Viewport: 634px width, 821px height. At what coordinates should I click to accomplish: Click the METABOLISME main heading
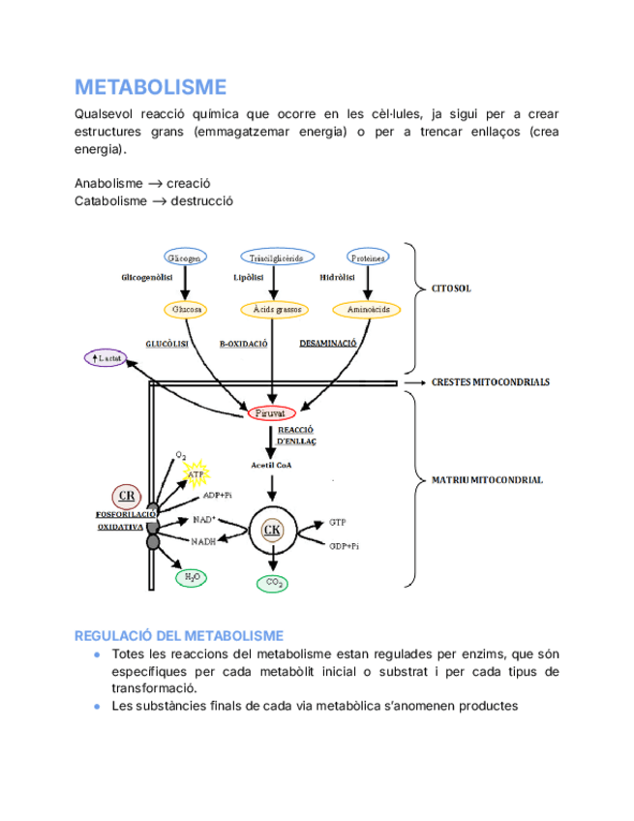(x=150, y=88)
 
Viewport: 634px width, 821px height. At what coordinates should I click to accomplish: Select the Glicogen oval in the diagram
(x=184, y=258)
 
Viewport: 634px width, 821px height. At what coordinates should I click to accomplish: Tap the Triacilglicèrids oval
(x=277, y=258)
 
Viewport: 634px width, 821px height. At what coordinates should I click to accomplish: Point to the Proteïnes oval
(x=367, y=258)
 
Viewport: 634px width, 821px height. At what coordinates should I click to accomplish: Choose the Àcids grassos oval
(x=277, y=310)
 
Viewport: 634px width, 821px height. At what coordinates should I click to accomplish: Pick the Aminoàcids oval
(x=367, y=310)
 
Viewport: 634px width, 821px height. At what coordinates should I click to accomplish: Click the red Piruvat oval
(x=274, y=413)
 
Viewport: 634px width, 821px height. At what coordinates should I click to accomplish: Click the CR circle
(x=127, y=497)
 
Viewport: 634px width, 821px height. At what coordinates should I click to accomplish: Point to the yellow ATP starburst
(x=197, y=473)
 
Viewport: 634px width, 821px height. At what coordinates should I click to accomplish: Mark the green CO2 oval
(x=274, y=583)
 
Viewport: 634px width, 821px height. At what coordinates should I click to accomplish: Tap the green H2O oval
(x=191, y=578)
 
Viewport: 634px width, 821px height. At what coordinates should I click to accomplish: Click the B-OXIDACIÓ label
(x=243, y=343)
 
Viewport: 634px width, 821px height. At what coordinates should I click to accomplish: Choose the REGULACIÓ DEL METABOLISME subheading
(x=179, y=635)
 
